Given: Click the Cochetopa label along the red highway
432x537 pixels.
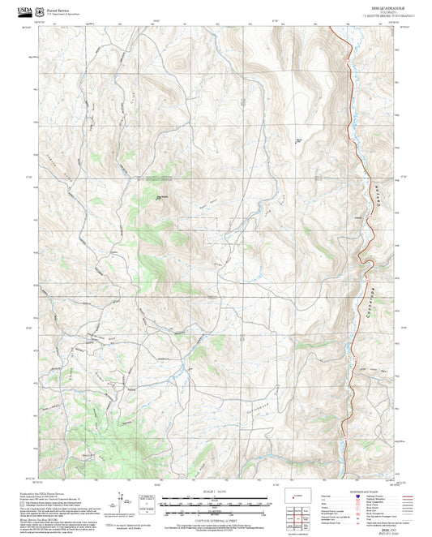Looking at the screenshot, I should pos(363,301).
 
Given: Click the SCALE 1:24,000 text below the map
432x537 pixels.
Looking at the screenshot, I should pos(216,492).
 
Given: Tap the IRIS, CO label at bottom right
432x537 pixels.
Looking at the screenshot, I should pos(378,525).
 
